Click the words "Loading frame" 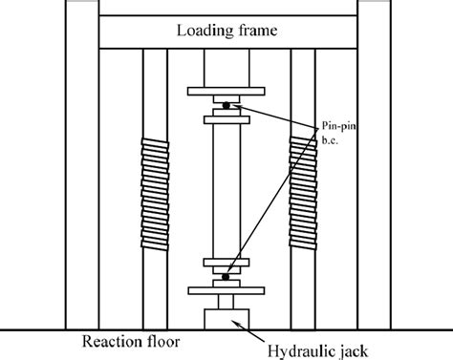226,31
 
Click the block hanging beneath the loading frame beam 226,69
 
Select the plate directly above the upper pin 226,94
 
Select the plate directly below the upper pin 226,117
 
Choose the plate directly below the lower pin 226,288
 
